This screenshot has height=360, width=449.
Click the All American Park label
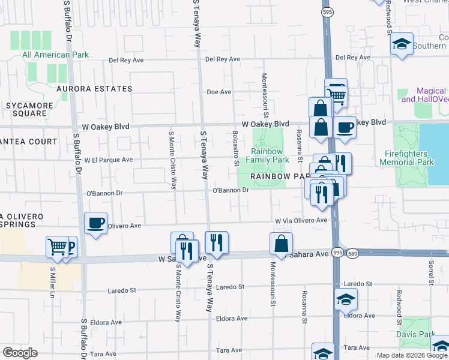tap(55, 55)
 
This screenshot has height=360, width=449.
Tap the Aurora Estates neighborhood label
tap(94, 89)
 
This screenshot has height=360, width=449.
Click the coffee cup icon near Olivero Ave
tap(95, 224)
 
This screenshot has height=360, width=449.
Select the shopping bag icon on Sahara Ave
tap(281, 244)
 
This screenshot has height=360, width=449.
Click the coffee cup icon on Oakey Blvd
tap(345, 128)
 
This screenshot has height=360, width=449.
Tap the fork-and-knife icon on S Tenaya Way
tap(217, 243)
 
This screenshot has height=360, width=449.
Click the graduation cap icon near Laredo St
tap(346, 299)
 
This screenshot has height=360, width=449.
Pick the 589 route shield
tap(352, 254)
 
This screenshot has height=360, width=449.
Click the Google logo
tap(20, 353)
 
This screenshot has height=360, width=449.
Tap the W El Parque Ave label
tap(109, 160)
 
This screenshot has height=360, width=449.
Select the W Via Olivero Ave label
tap(301, 220)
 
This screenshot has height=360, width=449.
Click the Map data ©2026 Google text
tap(411, 355)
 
